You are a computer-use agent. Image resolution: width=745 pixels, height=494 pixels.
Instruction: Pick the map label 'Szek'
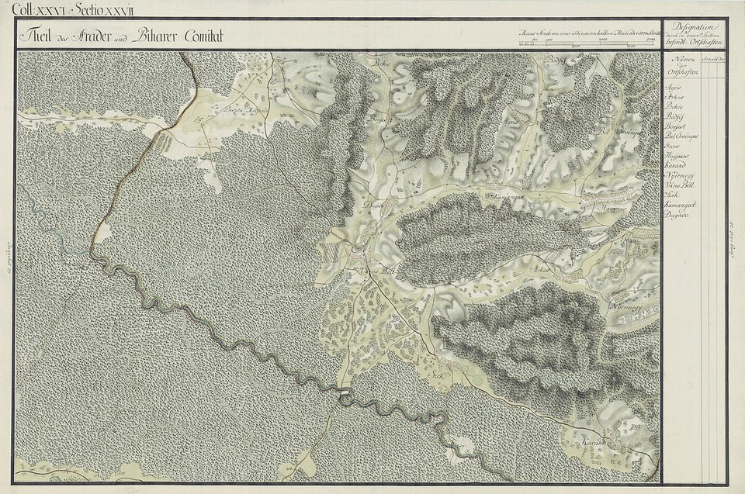(435, 372)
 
